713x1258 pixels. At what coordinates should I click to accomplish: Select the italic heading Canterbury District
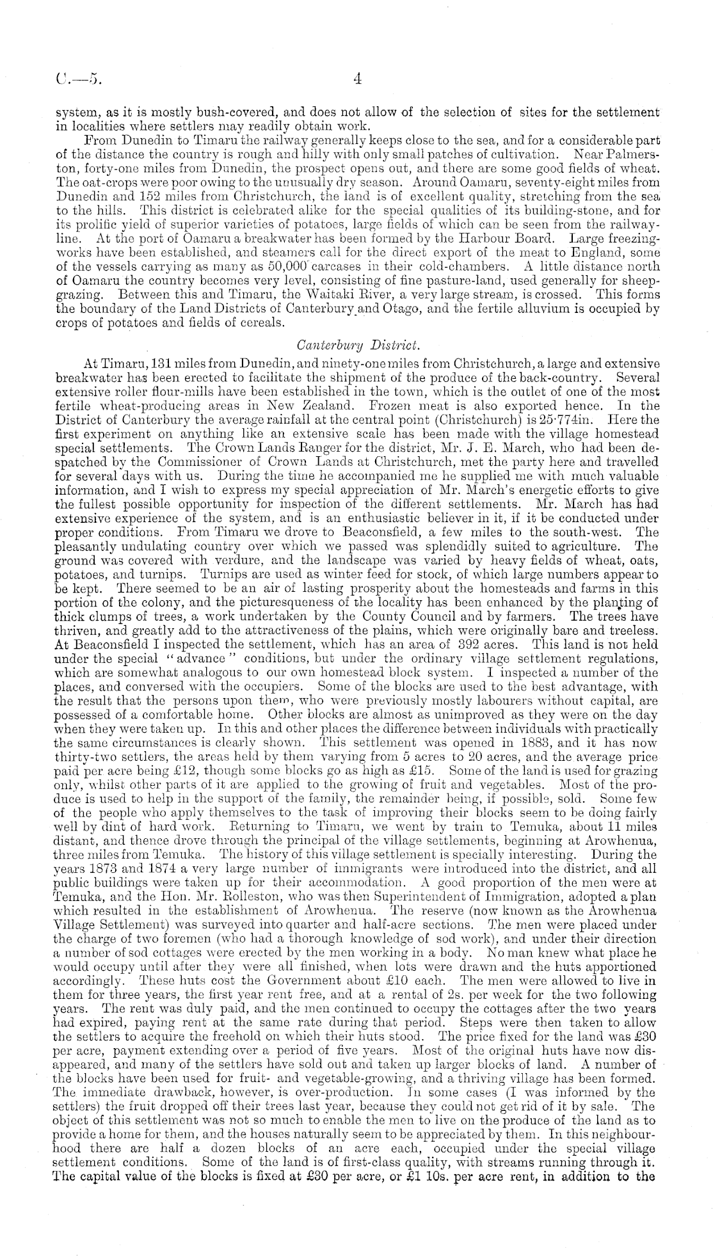pos(358,346)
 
